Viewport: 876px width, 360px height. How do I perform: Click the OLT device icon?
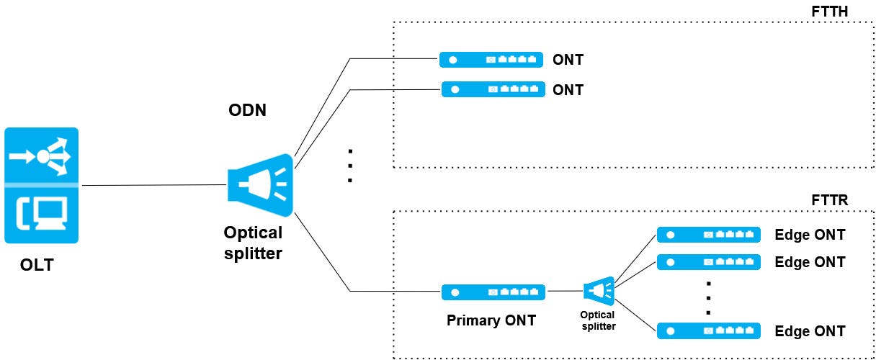pos(41,185)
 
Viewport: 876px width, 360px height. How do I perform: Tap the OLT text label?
pos(37,266)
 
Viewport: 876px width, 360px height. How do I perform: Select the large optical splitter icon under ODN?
pos(260,186)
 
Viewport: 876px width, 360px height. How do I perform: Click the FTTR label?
pos(829,200)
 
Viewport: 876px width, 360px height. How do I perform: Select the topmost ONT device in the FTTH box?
pos(491,59)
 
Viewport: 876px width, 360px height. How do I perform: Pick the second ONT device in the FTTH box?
pos(492,89)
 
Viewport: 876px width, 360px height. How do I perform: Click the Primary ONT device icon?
pos(493,292)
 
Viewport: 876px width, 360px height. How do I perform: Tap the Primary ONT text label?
pos(491,320)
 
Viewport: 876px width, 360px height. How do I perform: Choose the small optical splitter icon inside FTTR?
pos(599,291)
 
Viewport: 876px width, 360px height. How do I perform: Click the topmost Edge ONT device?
pos(709,235)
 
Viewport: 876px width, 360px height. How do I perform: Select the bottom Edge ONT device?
pos(709,331)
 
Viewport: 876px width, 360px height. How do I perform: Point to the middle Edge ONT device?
pos(709,262)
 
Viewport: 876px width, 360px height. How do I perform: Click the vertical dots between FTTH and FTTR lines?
pos(349,166)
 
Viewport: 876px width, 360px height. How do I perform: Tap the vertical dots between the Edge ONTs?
pos(709,297)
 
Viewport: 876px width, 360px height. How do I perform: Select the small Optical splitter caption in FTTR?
pos(597,320)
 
